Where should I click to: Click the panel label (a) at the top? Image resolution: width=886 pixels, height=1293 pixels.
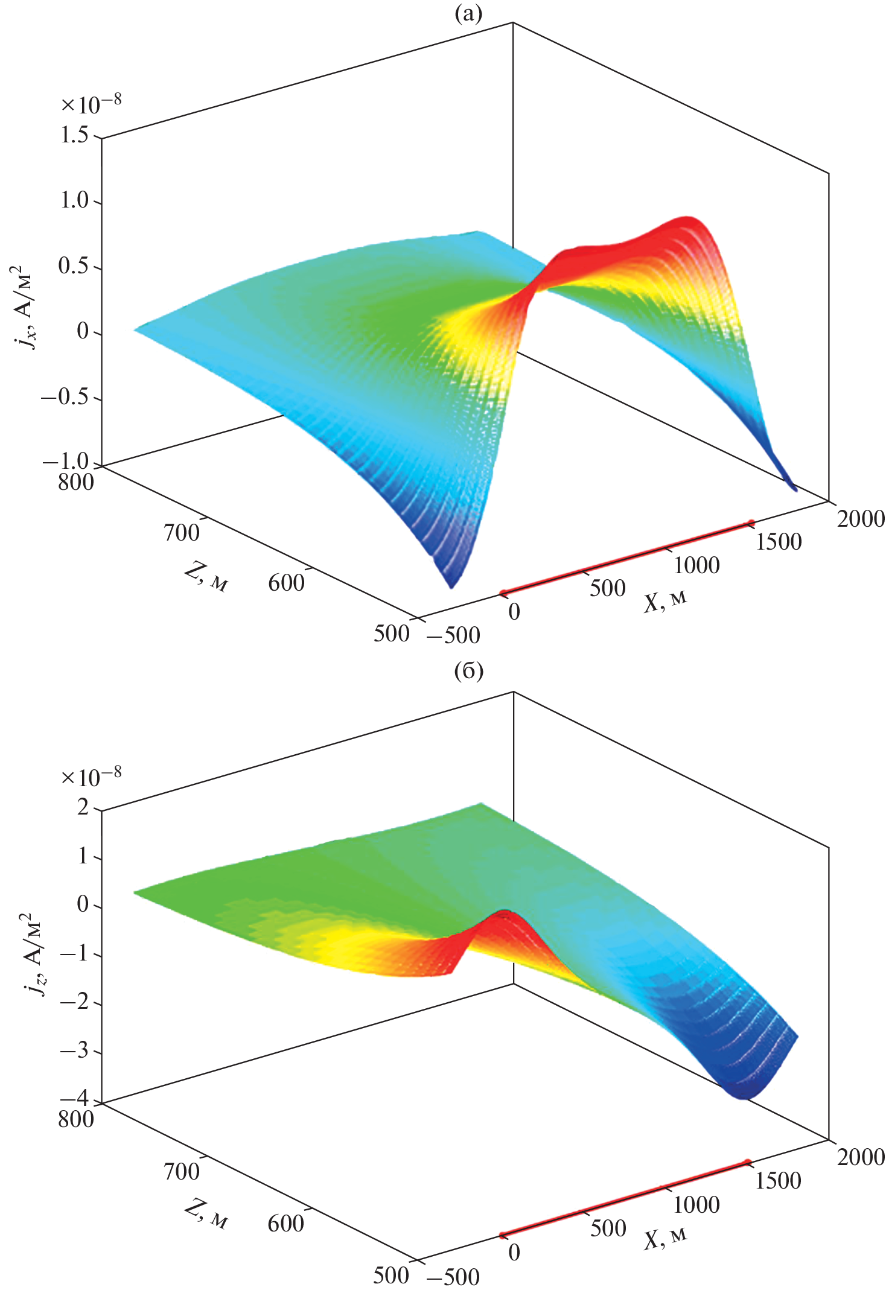pos(468,13)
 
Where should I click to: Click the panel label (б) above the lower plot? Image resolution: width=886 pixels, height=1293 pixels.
pos(468,671)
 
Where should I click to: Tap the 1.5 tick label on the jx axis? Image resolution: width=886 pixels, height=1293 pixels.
pos(74,135)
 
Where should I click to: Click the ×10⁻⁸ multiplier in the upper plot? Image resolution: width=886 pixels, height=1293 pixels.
pos(91,104)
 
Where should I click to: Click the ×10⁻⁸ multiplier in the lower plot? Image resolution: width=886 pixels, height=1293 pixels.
pos(91,775)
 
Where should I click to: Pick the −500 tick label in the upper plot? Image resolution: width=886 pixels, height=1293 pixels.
pos(453,635)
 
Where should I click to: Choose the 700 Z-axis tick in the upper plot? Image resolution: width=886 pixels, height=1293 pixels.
pos(181,533)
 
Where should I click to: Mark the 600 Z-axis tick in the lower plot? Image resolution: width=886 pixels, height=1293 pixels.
pos(286,1223)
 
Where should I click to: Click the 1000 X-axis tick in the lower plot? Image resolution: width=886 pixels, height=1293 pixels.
pos(696,1205)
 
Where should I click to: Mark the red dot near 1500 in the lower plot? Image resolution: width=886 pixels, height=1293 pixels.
pos(748,1162)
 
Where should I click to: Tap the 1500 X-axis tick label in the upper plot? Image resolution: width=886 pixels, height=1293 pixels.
pos(779,542)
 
